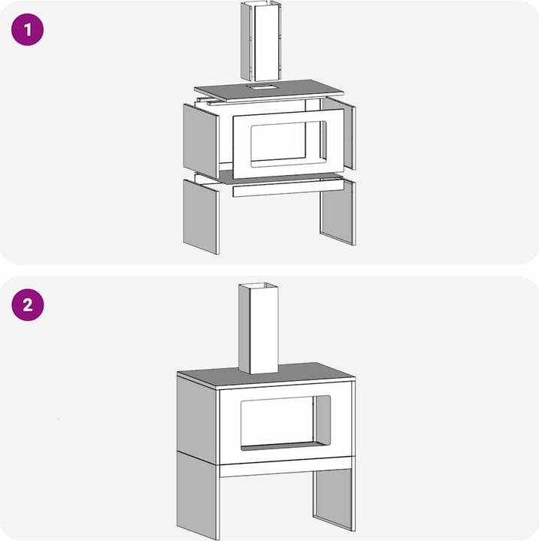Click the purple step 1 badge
[x=27, y=31]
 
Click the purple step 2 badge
[x=27, y=306]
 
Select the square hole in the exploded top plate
[x=262, y=87]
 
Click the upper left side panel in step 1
[x=200, y=138]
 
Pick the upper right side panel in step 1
[x=349, y=134]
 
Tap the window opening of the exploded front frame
[x=278, y=143]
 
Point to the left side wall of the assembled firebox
[x=198, y=416]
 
